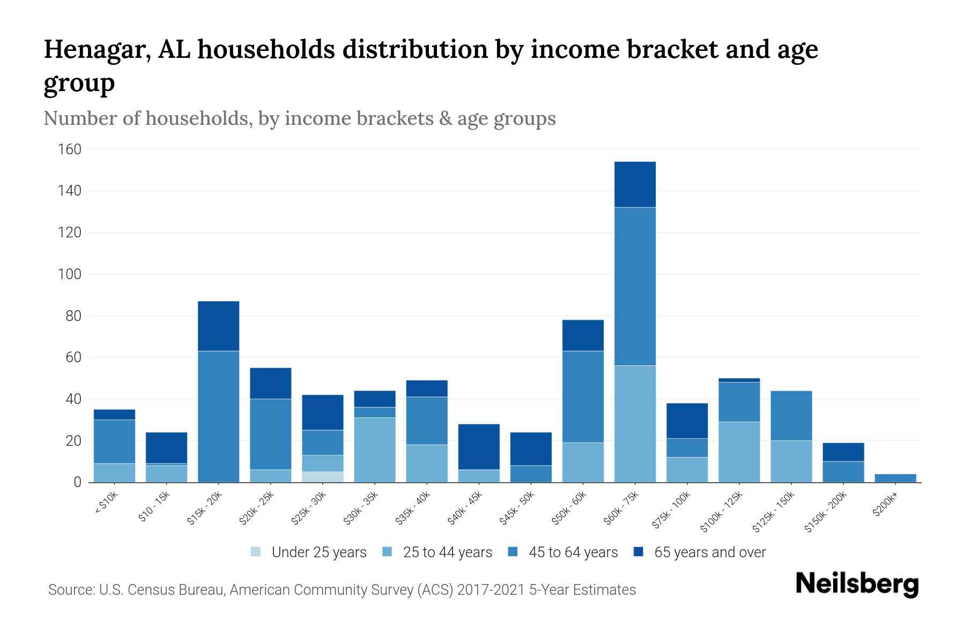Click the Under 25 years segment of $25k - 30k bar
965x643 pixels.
[x=323, y=477]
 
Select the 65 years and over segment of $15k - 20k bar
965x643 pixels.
[x=219, y=326]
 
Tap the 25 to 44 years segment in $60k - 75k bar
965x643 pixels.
[x=635, y=424]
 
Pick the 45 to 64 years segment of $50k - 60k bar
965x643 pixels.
[x=583, y=397]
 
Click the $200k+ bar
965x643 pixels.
[x=895, y=478]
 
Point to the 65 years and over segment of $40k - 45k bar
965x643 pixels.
[x=479, y=447]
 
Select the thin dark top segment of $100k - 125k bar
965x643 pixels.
[x=739, y=380]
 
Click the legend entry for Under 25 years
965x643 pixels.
[x=318, y=552]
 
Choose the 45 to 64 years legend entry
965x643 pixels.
[x=573, y=552]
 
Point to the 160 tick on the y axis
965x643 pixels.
[x=70, y=149]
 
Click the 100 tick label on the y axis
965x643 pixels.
[x=70, y=274]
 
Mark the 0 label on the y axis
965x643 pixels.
[x=77, y=482]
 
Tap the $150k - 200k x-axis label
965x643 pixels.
[x=826, y=512]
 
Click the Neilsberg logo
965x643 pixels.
[x=857, y=584]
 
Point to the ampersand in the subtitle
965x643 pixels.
[x=444, y=118]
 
